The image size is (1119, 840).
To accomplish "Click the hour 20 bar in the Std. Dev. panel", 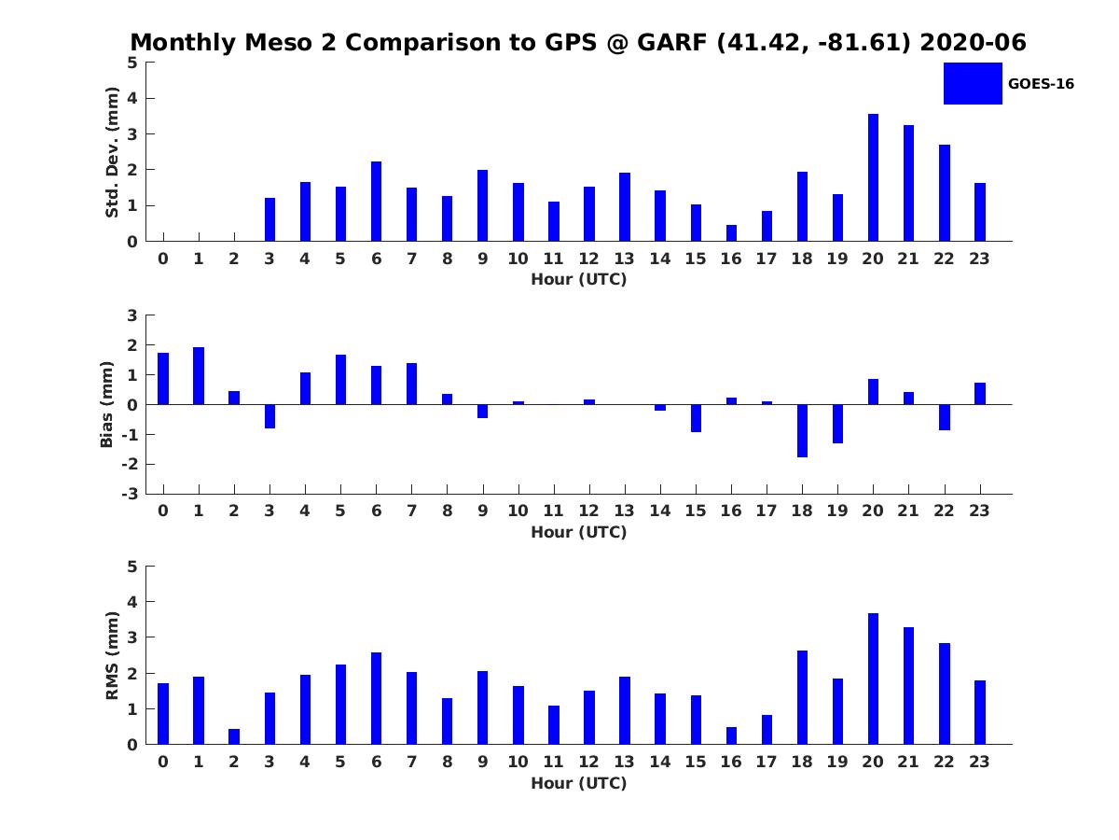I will tap(873, 177).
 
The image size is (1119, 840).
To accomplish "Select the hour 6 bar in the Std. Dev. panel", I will tap(376, 202).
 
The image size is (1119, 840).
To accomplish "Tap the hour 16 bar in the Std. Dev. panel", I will tap(731, 233).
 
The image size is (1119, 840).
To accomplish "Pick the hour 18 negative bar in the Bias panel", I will tap(802, 430).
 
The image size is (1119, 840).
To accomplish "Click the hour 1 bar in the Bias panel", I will tap(199, 376).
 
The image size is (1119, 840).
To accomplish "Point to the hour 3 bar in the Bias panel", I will tap(269, 416).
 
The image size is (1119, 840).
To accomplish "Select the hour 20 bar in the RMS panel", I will tap(873, 679).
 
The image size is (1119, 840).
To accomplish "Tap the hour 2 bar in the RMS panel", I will tap(234, 736).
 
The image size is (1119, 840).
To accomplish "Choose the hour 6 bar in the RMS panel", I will tap(376, 698).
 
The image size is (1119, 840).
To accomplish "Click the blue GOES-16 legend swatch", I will tap(972, 84).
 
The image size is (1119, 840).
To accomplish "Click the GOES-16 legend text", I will tap(1041, 84).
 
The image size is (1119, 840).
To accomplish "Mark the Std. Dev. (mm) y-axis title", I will tap(112, 152).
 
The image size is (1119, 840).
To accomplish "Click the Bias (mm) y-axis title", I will tap(107, 404).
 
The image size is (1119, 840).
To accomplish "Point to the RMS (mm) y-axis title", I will tap(112, 656).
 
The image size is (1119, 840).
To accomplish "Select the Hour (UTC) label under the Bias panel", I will tap(578, 532).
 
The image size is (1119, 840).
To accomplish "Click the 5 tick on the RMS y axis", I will tap(132, 567).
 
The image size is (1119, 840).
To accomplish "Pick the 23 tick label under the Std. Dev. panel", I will tap(979, 259).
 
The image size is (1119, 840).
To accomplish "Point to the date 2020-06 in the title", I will tap(973, 43).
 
